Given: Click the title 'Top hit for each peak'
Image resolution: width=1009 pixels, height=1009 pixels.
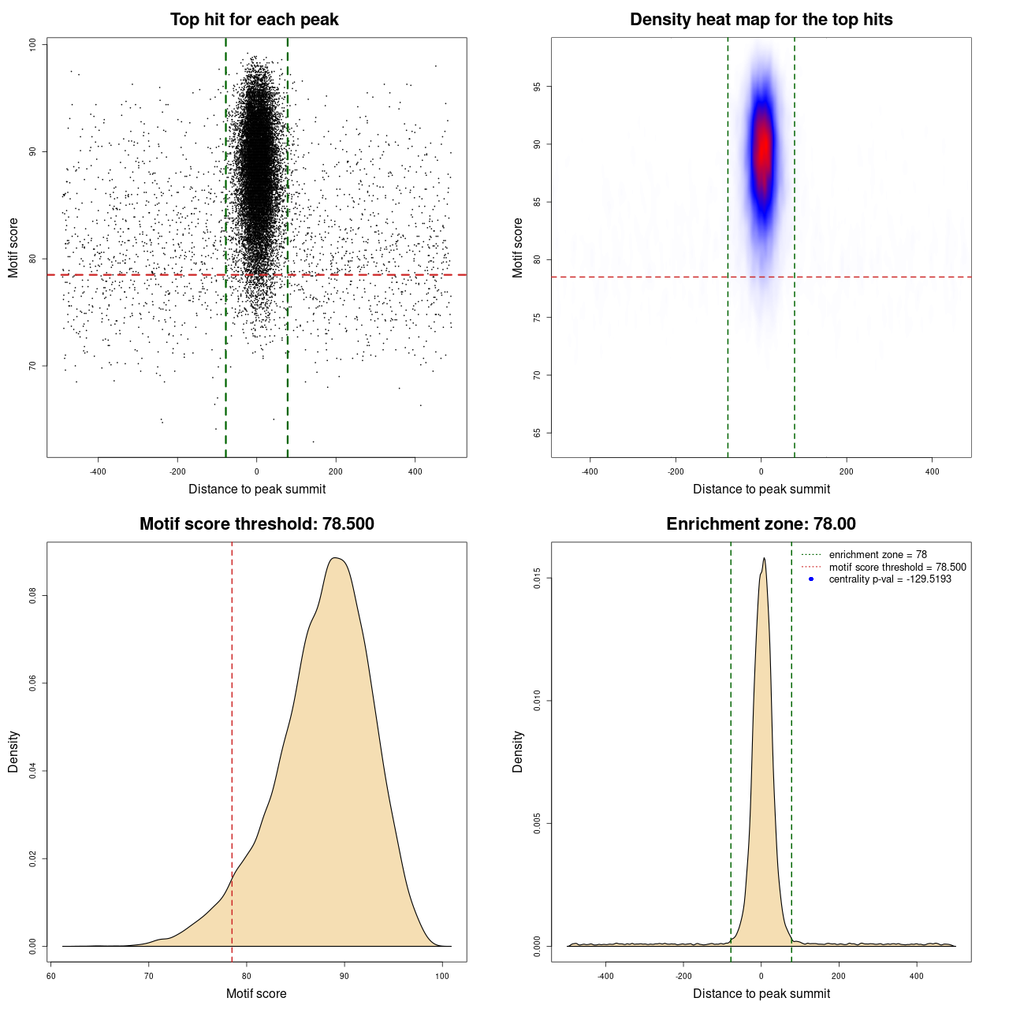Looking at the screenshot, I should point(254,20).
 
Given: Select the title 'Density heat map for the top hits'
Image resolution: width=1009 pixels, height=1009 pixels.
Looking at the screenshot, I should point(761,20).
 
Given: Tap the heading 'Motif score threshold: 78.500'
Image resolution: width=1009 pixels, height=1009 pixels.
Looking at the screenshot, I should point(256,524).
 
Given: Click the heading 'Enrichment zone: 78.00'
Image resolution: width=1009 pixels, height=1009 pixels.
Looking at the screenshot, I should point(761,524).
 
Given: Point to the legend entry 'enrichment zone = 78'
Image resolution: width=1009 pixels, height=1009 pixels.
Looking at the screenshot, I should point(877,555).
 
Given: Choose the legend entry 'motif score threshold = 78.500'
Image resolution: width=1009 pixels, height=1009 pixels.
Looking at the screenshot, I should point(897,567).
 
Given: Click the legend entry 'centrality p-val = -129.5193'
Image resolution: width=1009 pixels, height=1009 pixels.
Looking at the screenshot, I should point(890,579).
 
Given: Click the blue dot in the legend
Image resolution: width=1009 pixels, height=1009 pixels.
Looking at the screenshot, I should point(811,579).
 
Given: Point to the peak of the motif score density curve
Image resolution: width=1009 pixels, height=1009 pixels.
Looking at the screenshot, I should point(336,558).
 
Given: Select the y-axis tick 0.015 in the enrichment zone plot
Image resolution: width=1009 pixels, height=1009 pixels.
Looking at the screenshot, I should point(538,579).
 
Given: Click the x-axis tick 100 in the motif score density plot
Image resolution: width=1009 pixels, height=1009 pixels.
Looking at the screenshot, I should point(442,976).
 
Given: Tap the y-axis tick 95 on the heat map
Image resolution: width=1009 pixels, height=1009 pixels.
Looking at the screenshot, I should point(538,87).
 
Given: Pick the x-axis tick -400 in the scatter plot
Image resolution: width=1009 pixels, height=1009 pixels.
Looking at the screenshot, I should point(98,471).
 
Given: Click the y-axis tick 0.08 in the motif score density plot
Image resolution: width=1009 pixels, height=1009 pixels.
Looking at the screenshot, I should point(33,596).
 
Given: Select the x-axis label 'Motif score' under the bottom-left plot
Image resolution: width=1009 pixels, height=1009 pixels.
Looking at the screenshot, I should point(256,993).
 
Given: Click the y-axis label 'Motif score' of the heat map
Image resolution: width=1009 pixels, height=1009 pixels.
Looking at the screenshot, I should point(518,248).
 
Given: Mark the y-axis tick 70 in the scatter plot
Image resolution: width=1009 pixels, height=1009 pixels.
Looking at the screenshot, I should point(33,366).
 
